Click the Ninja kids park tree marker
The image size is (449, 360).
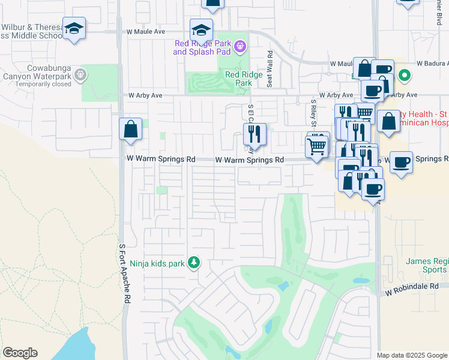coord(193,262)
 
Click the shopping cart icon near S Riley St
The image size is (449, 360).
coord(316,145)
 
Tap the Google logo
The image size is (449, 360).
coord(20,353)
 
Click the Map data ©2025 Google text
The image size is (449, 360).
coord(411,355)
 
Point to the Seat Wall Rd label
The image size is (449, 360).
coord(270,60)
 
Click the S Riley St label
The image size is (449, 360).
coord(313,110)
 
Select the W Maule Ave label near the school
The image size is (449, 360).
coord(145,31)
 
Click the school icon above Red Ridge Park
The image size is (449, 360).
coord(201,29)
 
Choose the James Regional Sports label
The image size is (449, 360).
coord(427,265)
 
